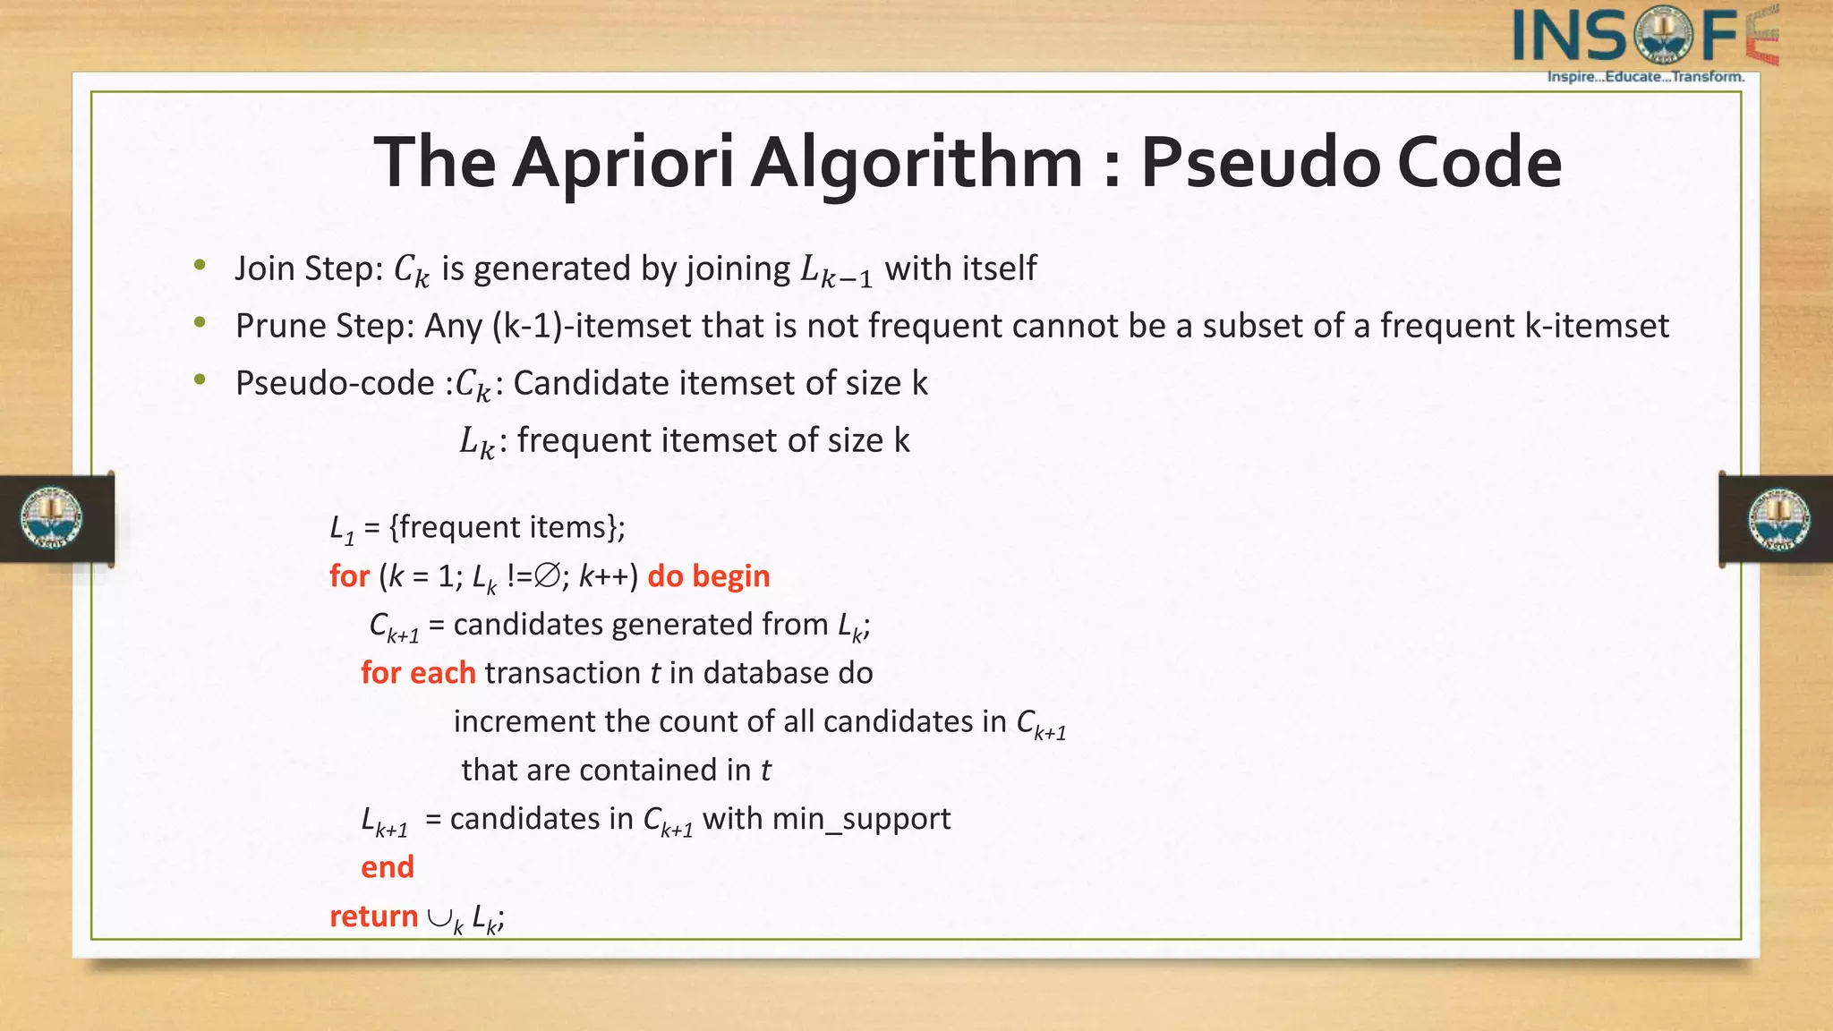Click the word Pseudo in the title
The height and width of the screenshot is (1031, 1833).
[x=1258, y=164]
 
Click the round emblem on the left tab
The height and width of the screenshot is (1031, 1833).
[x=52, y=518]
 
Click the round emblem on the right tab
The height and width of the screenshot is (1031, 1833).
[x=1779, y=519]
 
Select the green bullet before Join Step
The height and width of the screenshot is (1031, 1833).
[x=200, y=265]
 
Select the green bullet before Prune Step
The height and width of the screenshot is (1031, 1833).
[x=200, y=322]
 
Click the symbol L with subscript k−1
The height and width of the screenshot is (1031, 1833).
[x=835, y=270]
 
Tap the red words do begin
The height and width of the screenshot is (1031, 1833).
[x=708, y=576]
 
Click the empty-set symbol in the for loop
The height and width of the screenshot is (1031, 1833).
[x=548, y=576]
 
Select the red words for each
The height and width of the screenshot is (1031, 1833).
[x=418, y=673]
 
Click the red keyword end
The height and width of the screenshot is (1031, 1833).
[x=387, y=867]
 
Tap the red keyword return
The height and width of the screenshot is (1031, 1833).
[x=373, y=916]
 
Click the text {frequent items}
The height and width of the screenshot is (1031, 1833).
[x=507, y=528]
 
